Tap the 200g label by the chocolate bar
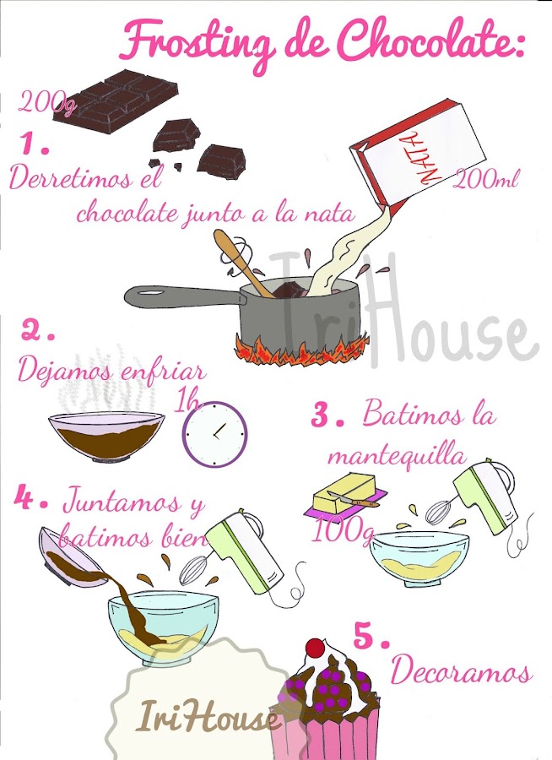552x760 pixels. click(47, 103)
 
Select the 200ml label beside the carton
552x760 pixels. click(486, 179)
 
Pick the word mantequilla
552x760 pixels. click(398, 457)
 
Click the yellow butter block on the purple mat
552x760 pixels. click(345, 491)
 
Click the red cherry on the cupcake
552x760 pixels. click(316, 648)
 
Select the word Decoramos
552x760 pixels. click(462, 670)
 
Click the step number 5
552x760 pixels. click(371, 637)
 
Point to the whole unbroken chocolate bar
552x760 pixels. click(116, 100)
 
